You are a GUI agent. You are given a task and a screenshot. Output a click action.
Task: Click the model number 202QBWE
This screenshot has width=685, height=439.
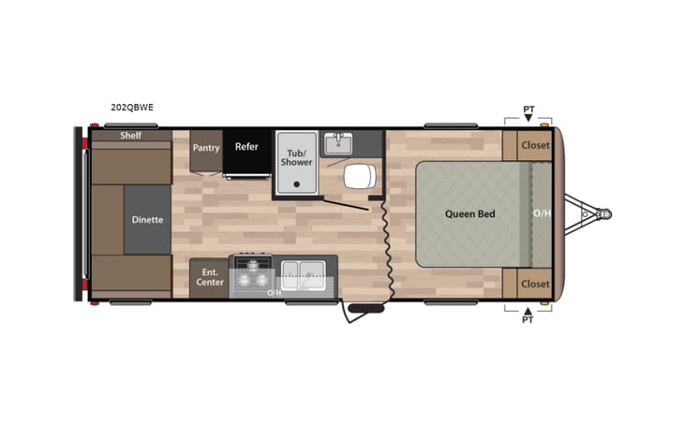[x=131, y=108]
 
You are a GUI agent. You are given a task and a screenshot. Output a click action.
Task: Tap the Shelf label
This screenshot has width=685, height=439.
[x=130, y=135]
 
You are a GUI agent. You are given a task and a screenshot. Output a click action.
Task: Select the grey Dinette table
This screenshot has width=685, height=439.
[x=147, y=220]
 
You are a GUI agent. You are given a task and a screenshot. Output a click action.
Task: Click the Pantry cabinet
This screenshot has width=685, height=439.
[x=205, y=149]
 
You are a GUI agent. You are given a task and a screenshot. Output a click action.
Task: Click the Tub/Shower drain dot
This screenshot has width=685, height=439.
[x=296, y=184]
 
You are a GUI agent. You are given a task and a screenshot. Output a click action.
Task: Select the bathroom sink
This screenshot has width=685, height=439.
[x=337, y=143]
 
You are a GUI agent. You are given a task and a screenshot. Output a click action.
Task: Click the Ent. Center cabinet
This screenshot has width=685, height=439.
[x=208, y=277]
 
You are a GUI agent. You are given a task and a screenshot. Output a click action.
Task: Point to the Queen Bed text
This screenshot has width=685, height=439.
[x=469, y=213]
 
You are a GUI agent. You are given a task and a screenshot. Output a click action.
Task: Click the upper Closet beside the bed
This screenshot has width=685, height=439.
[x=535, y=145]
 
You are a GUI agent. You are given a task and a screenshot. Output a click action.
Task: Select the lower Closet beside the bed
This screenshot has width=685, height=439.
[x=535, y=284]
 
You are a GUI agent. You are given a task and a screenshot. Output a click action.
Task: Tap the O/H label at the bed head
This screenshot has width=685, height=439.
[x=542, y=213]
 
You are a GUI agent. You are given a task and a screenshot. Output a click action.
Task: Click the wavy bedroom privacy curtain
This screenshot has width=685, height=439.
[x=385, y=248]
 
